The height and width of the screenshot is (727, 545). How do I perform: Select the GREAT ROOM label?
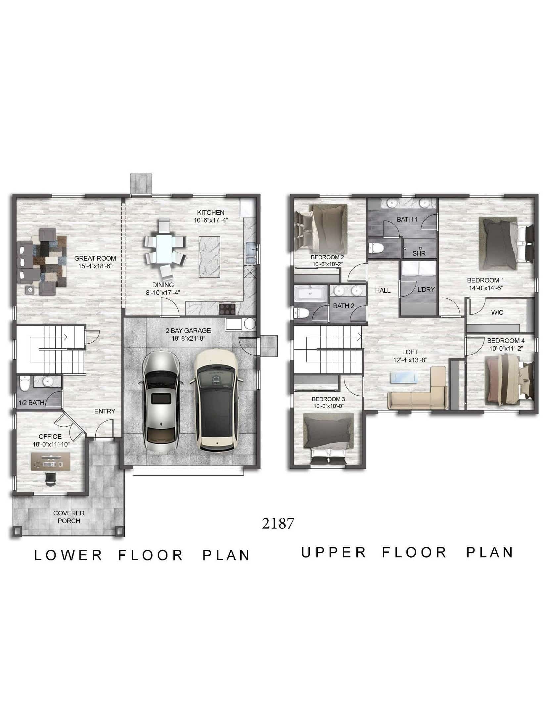(x=95, y=259)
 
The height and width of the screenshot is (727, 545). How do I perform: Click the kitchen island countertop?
(x=209, y=257)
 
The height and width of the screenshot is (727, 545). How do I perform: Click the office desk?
(x=50, y=461)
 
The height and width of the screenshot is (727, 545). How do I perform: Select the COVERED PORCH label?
(x=69, y=517)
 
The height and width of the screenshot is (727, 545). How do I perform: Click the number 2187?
(x=278, y=524)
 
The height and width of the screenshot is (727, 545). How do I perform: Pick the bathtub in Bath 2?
(x=310, y=294)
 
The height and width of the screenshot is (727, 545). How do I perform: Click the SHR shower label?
(x=419, y=254)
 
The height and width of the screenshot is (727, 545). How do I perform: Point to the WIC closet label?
(x=497, y=312)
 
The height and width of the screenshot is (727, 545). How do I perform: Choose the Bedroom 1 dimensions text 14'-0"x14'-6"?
(x=486, y=287)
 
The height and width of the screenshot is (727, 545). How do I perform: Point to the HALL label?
(x=383, y=290)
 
